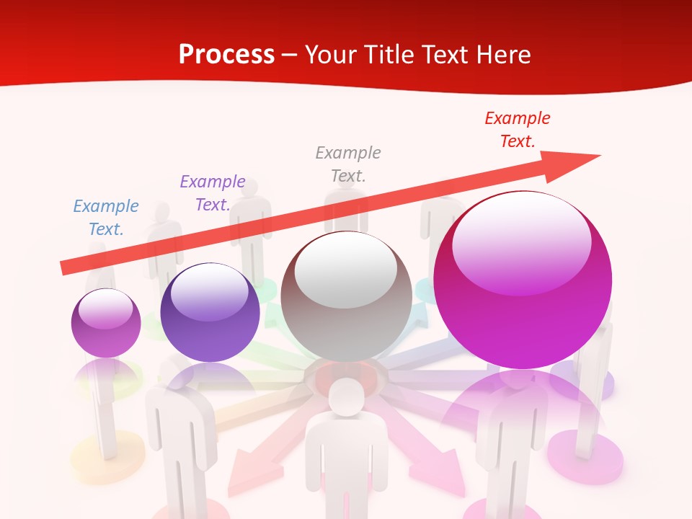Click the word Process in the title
[226, 55]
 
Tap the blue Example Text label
[106, 218]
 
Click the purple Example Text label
[213, 193]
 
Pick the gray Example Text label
[348, 164]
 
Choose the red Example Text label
[518, 130]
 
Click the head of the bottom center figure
[347, 396]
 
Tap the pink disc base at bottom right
[585, 458]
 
